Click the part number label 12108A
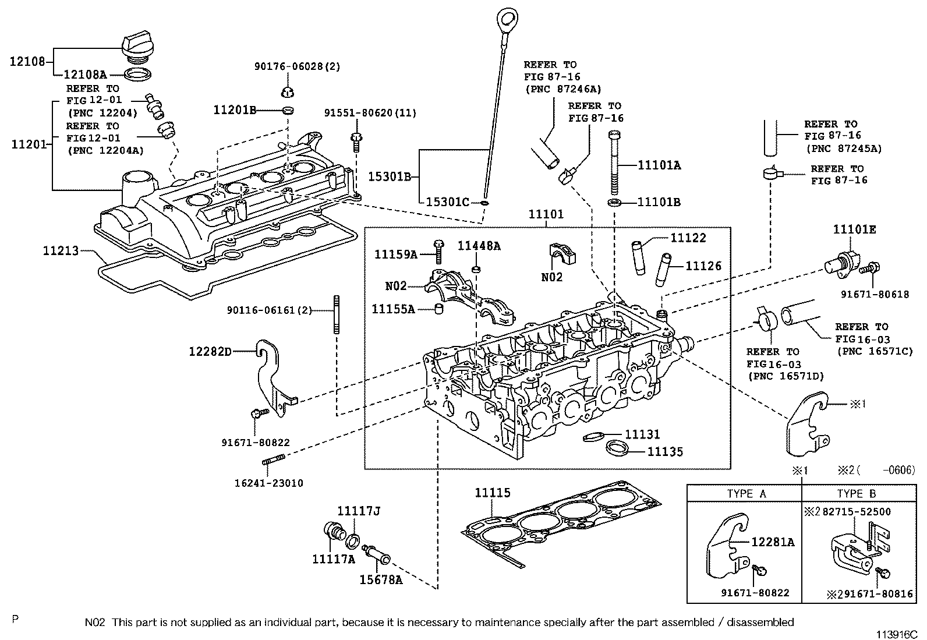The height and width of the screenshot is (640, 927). [x=84, y=75]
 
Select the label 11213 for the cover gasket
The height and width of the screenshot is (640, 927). [x=61, y=251]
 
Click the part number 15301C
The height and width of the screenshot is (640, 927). [x=447, y=202]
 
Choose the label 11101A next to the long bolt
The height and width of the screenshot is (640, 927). [x=659, y=165]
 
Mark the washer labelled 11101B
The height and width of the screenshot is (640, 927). [x=613, y=203]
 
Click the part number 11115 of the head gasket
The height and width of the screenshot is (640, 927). [x=492, y=493]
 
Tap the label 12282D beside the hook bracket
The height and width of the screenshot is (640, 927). [x=210, y=351]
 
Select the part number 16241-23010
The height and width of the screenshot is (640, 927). [x=269, y=483]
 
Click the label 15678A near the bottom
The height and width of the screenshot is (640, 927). [x=380, y=579]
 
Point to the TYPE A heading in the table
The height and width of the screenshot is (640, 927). [x=746, y=494]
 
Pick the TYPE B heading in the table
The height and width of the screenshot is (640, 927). [x=856, y=494]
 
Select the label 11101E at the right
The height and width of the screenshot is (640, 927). [x=854, y=229]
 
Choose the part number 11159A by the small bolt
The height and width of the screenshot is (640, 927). [x=395, y=254]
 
